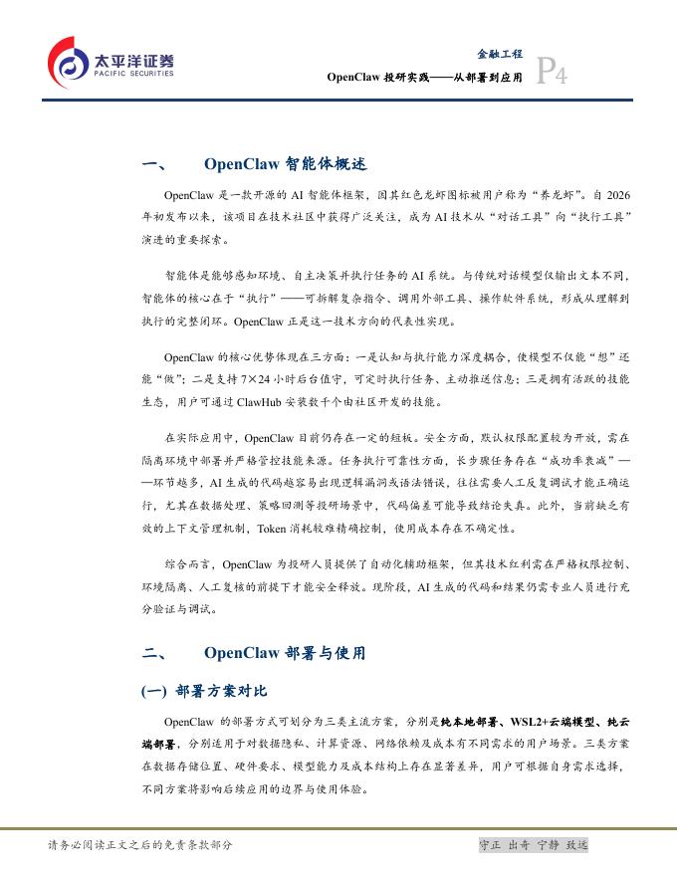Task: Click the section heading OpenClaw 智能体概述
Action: click(x=285, y=164)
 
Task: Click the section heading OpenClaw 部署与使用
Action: click(x=285, y=653)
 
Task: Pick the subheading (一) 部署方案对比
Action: click(x=205, y=691)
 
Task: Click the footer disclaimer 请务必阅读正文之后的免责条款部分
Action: click(x=140, y=845)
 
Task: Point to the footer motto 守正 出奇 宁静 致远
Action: click(x=534, y=845)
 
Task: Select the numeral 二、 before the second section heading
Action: click(x=153, y=653)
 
